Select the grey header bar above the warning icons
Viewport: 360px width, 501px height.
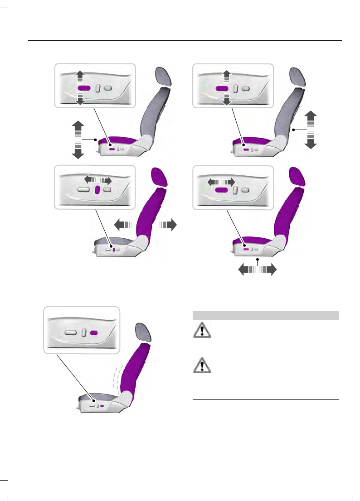(x=266, y=315)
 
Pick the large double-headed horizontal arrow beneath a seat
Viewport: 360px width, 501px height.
(x=258, y=270)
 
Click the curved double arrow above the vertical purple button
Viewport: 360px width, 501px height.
(x=97, y=180)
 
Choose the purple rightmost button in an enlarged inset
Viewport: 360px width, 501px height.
(x=94, y=332)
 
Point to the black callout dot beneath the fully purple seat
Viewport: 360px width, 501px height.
(x=258, y=260)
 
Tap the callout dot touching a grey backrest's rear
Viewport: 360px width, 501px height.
(x=294, y=130)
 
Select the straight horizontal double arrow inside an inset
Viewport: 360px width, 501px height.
(x=221, y=181)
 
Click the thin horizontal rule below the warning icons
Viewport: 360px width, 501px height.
(x=266, y=400)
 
